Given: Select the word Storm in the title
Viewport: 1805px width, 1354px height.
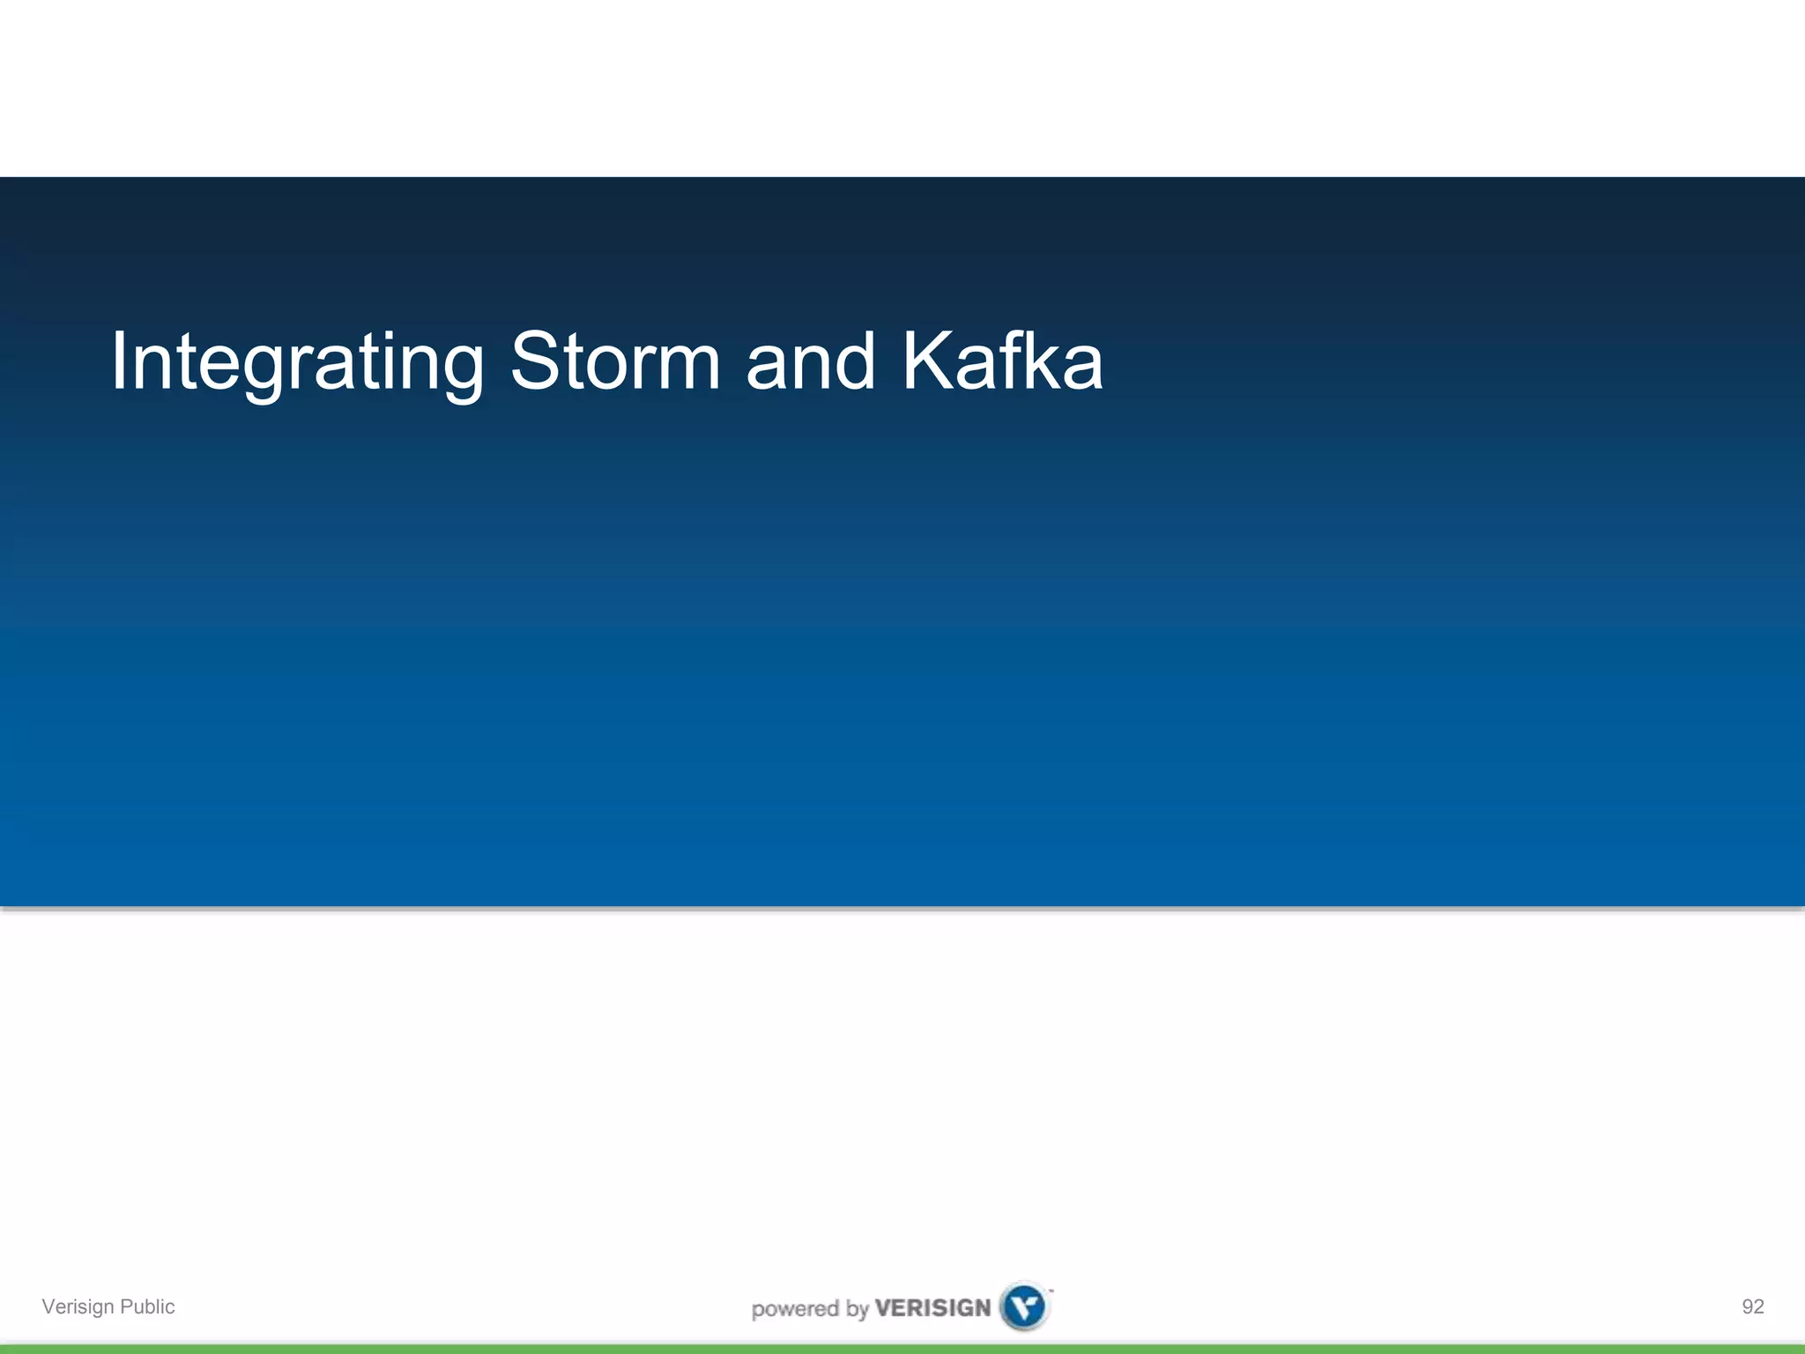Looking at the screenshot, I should click(615, 361).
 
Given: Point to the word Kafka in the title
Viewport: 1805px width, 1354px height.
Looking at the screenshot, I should click(1002, 361).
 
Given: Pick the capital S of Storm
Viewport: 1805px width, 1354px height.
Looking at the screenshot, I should click(535, 361).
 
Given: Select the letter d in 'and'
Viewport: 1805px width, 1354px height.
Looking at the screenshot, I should click(854, 361).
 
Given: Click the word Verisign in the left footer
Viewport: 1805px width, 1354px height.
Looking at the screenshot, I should click(78, 1306).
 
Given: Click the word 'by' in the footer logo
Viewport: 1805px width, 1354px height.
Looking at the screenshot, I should click(857, 1309).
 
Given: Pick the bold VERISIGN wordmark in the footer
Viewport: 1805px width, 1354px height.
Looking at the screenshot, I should click(932, 1307).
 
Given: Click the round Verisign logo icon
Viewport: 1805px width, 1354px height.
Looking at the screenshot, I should click(1024, 1306).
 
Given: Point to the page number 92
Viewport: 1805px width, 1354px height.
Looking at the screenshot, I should click(1752, 1306).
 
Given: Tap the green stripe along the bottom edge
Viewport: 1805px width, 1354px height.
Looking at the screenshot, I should click(902, 1349).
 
